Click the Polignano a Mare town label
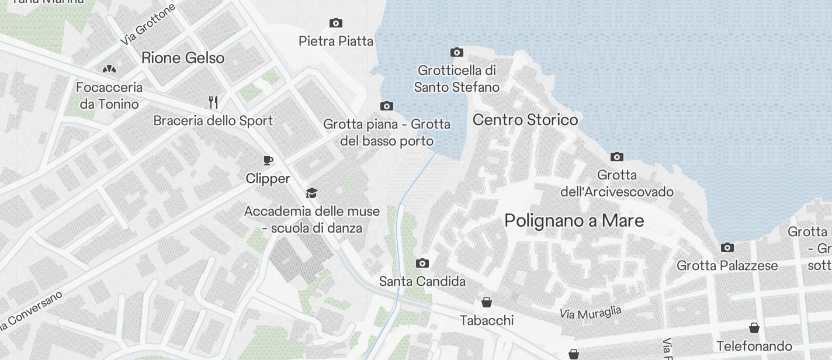tap(574, 221)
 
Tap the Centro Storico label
tap(525, 120)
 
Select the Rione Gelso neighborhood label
tap(183, 58)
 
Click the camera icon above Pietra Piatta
tap(336, 23)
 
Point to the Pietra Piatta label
tap(336, 41)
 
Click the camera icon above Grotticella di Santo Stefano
tap(457, 53)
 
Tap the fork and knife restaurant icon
tap(213, 102)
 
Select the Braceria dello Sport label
tap(213, 120)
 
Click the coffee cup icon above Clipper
tap(268, 160)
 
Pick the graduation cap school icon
tap(312, 193)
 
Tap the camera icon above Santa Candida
tap(422, 264)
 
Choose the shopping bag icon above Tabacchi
tap(486, 302)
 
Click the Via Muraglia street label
tap(590, 313)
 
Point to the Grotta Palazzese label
tap(727, 266)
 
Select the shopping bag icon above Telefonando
tap(754, 327)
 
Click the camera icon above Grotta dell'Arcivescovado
tap(617, 157)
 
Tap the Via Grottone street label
tap(148, 25)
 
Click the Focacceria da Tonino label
tap(109, 96)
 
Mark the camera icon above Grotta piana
tap(386, 106)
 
